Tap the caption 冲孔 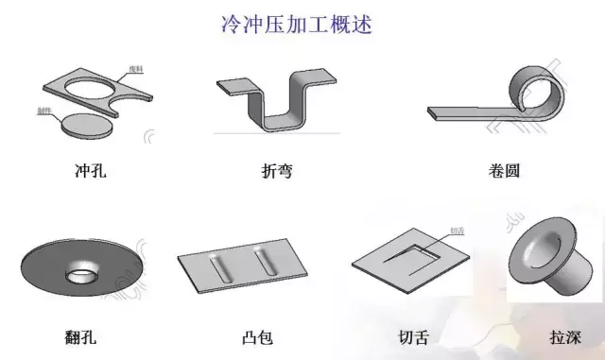[93, 172]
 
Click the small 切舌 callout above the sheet [457, 230]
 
